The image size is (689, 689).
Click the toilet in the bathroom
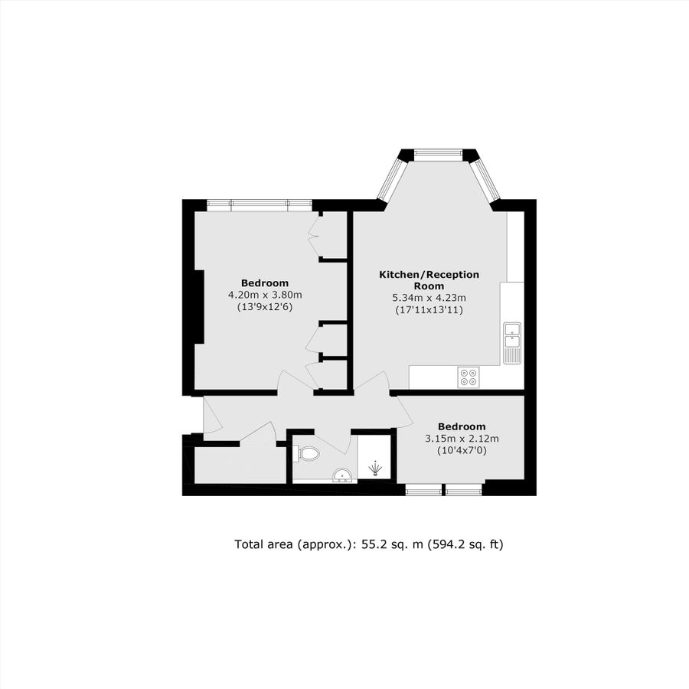coord(308,454)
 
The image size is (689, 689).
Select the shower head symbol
coord(375,467)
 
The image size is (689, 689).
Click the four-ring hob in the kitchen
coord(468,376)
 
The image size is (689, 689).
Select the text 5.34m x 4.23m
coord(429,298)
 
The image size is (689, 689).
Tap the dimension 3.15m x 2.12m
coord(462,439)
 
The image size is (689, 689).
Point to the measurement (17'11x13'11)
coord(429,310)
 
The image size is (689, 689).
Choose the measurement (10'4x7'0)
coord(462,451)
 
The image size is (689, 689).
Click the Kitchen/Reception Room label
coord(429,280)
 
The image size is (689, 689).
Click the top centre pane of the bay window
coord(439,155)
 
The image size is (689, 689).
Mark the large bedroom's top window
coord(260,204)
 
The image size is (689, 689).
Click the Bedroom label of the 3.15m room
coord(462,426)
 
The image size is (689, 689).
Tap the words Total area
coord(262,544)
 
